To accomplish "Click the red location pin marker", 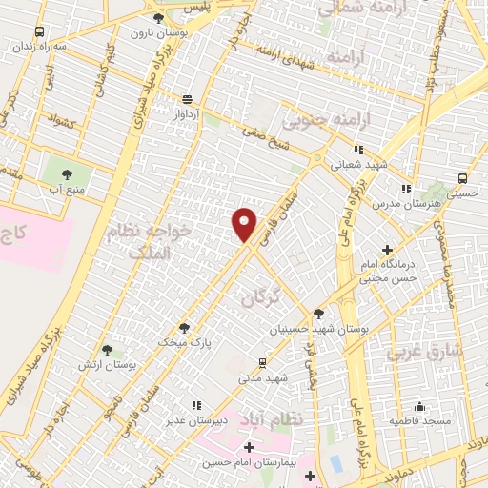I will pyautogui.click(x=244, y=224).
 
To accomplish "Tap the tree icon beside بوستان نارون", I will pyautogui.click(x=158, y=17).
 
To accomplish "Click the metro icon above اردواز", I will pyautogui.click(x=186, y=99).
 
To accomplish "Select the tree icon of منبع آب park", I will pyautogui.click(x=68, y=174).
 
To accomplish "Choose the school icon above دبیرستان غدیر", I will pyautogui.click(x=197, y=404).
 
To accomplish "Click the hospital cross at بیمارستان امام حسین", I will pyautogui.click(x=249, y=447).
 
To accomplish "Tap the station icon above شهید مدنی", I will pyautogui.click(x=263, y=363).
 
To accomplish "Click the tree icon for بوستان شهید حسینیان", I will pyautogui.click(x=318, y=314).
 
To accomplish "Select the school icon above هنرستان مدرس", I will pyautogui.click(x=407, y=189).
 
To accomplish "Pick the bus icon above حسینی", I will pyautogui.click(x=463, y=178).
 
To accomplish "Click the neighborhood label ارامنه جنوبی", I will pyautogui.click(x=318, y=121).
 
